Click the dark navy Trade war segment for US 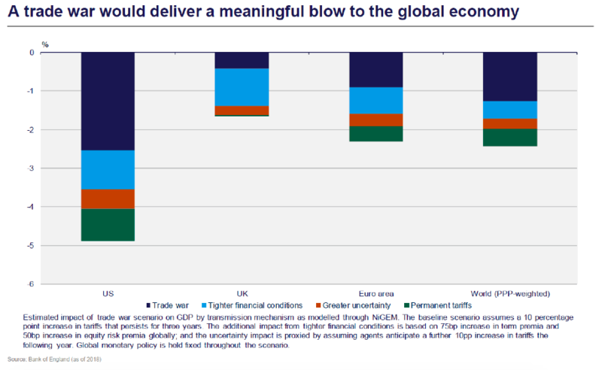108,102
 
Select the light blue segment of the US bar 108,169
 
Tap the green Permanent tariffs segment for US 108,225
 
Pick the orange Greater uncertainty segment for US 108,199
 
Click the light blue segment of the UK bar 242,87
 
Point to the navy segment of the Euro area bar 375,70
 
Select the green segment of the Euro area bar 375,134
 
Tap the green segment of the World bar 509,138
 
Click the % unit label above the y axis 45,44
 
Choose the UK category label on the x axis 242,293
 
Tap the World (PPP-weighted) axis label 509,293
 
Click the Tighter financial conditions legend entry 255,305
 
